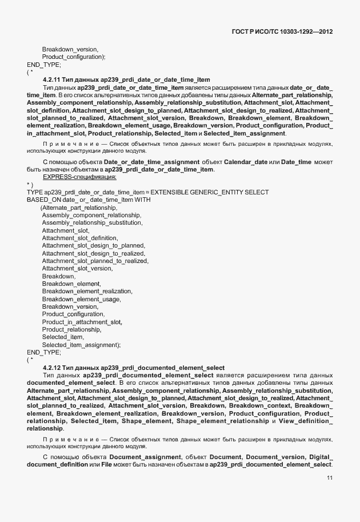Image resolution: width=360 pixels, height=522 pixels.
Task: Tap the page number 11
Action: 330,477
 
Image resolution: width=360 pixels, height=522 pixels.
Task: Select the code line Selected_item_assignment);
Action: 81,345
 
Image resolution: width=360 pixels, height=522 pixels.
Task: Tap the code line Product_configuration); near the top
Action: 74,57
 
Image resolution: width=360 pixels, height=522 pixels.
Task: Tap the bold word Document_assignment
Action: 145,458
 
